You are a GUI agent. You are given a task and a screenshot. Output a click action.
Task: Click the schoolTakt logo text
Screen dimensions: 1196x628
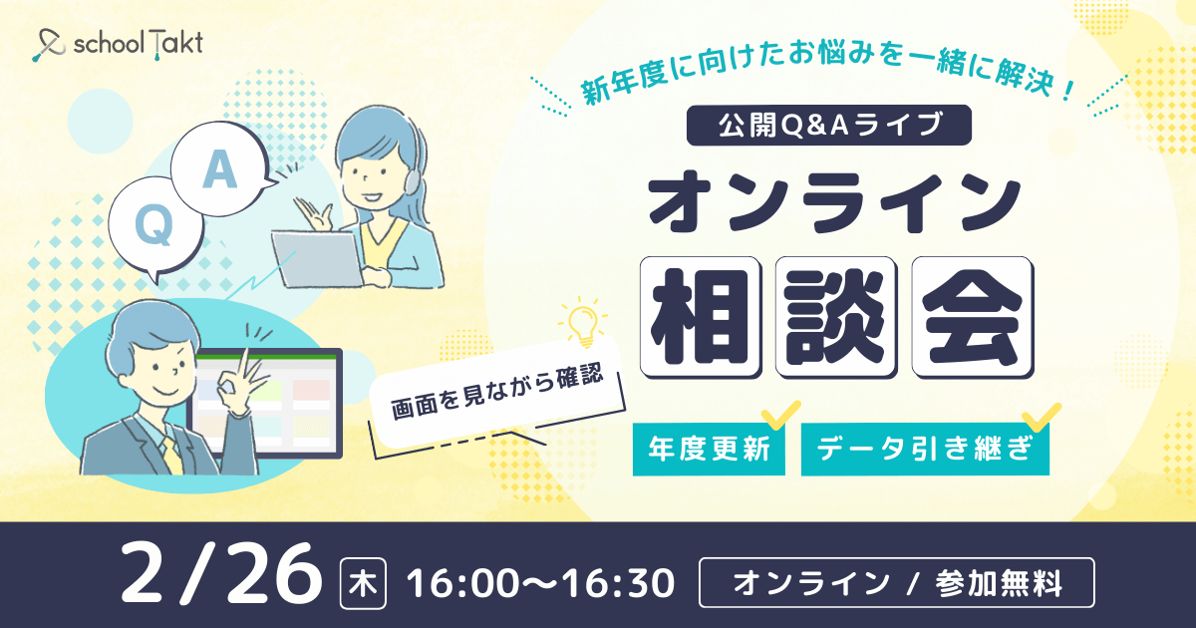139,43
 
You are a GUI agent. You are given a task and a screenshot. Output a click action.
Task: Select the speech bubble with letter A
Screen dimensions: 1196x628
220,168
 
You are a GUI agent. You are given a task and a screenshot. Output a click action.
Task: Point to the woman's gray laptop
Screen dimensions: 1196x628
317,259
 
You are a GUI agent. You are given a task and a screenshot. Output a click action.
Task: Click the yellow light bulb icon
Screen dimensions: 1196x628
582,323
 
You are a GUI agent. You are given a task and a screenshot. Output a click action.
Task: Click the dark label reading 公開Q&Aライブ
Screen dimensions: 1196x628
828,125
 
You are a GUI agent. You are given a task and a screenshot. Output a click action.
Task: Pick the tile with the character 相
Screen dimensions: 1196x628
701,317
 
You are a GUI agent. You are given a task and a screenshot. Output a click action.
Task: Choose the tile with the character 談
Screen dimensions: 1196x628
836,317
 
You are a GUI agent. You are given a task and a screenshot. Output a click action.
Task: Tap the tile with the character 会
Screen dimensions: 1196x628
973,317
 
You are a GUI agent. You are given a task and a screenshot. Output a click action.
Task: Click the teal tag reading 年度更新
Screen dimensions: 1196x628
709,449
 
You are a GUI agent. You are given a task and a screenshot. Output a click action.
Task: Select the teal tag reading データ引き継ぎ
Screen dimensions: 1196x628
925,449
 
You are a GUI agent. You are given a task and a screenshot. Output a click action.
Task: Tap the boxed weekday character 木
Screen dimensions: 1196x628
363,583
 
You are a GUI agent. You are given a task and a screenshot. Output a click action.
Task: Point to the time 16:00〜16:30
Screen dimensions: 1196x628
540,583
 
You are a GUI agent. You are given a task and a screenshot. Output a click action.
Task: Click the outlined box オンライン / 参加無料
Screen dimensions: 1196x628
896,582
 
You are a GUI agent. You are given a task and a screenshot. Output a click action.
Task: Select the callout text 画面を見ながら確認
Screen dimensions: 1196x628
497,392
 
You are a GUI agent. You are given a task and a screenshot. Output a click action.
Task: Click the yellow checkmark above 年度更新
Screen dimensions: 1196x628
780,415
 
